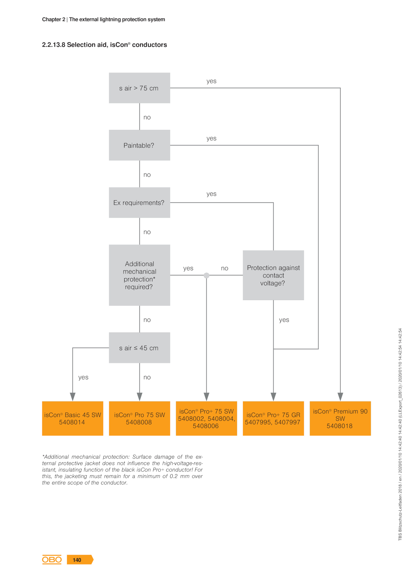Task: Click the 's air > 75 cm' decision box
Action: tap(139, 88)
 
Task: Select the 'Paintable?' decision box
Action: tap(139, 145)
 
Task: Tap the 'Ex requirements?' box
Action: tap(139, 202)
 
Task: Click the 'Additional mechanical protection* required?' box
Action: tap(139, 275)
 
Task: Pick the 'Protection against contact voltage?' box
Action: tap(273, 275)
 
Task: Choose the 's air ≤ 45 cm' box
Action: tap(139, 348)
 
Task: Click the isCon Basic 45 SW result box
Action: tap(73, 418)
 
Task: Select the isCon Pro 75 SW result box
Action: tap(139, 418)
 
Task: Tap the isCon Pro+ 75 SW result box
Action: tap(206, 418)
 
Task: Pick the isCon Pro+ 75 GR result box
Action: tap(273, 418)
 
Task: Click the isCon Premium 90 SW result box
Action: tap(340, 418)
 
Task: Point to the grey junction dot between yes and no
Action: tap(206, 275)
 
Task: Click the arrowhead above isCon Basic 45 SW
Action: tap(73, 397)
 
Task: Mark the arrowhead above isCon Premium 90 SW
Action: tap(340, 397)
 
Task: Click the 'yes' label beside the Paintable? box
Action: tap(211, 138)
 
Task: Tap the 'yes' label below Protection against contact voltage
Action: tap(284, 320)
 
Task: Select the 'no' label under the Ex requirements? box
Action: tap(147, 232)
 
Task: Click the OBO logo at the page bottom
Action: tap(52, 560)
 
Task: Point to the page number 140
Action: tap(77, 560)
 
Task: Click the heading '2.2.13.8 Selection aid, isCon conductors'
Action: tap(105, 45)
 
